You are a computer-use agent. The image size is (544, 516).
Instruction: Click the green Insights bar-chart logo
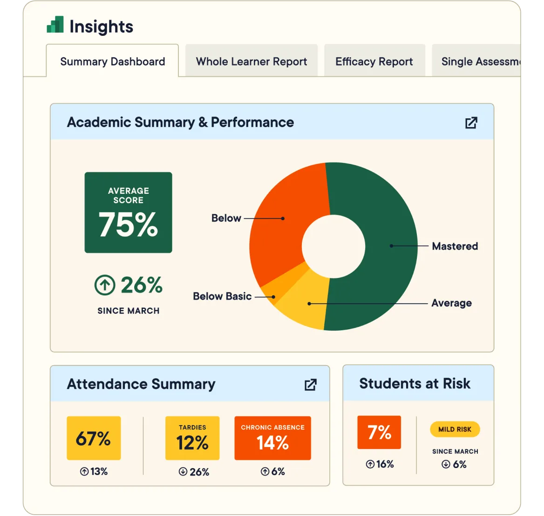point(55,25)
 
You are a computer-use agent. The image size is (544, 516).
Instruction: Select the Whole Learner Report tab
point(252,61)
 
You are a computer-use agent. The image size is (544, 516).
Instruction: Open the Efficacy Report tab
point(374,61)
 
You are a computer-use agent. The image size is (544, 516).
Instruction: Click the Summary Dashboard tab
point(112,61)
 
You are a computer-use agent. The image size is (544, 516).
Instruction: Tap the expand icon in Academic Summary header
point(471,122)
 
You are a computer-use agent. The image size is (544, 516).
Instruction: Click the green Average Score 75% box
point(128,212)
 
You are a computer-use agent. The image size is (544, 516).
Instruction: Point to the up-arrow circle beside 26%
point(104,285)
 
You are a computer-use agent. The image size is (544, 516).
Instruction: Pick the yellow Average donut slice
point(305,303)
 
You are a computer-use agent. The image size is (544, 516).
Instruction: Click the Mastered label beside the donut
point(455,246)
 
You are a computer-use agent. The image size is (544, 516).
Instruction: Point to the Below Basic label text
point(222,296)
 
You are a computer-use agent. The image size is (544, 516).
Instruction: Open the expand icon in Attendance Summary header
point(310,385)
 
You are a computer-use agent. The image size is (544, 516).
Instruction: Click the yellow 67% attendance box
point(94,438)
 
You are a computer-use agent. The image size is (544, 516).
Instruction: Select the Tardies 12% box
point(192,438)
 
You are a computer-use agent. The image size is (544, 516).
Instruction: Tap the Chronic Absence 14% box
point(272,438)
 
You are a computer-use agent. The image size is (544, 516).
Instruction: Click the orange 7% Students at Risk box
point(379,432)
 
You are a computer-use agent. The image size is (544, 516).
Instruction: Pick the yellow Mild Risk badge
point(455,429)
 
